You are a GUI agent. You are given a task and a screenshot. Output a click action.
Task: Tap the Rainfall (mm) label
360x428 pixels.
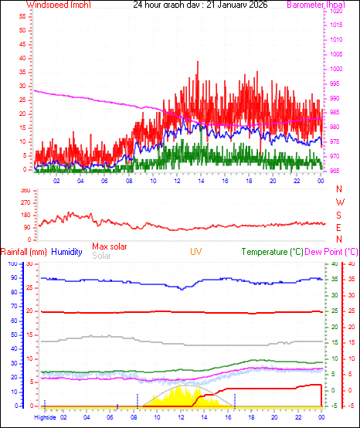[x=24, y=252]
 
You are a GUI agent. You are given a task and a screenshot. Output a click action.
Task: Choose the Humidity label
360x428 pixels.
[x=67, y=252]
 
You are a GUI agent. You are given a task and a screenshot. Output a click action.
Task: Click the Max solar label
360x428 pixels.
[x=110, y=246]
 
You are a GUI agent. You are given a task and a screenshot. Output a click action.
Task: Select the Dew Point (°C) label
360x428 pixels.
[x=332, y=252]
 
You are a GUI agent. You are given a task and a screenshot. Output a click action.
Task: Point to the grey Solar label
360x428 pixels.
[x=101, y=255]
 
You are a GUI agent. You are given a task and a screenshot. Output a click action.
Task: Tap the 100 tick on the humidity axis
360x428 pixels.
[x=12, y=263]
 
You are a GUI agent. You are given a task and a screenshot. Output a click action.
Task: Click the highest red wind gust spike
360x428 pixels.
[x=198, y=62]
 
